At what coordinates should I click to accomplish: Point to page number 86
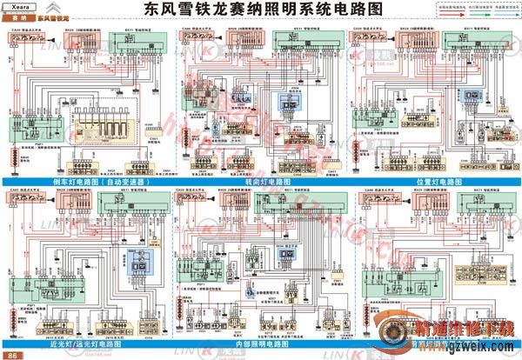pyautogui.click(x=11, y=355)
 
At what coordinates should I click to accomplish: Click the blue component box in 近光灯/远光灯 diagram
pyautogui.click(x=136, y=260)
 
